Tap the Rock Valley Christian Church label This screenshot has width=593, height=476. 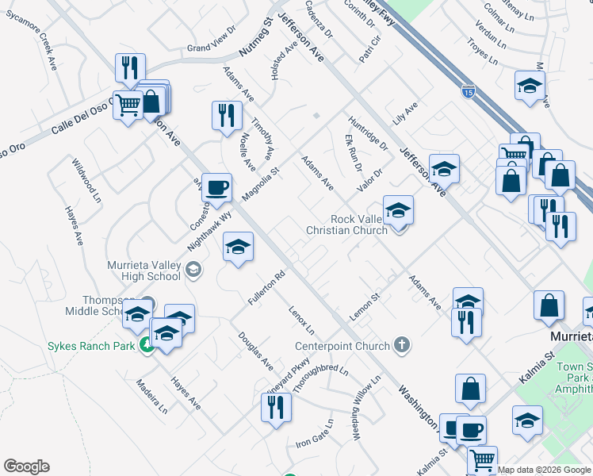click(x=347, y=225)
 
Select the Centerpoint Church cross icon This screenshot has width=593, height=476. click(x=403, y=345)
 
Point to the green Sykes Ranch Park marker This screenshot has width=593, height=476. click(x=146, y=345)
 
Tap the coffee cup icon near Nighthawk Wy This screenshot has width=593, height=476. click(x=216, y=188)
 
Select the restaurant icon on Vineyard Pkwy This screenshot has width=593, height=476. click(x=276, y=407)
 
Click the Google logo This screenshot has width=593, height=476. click(x=26, y=466)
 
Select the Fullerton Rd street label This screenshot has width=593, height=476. click(x=266, y=289)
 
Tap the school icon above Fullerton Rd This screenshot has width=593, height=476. click(x=237, y=247)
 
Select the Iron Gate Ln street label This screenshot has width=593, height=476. click(x=313, y=435)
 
